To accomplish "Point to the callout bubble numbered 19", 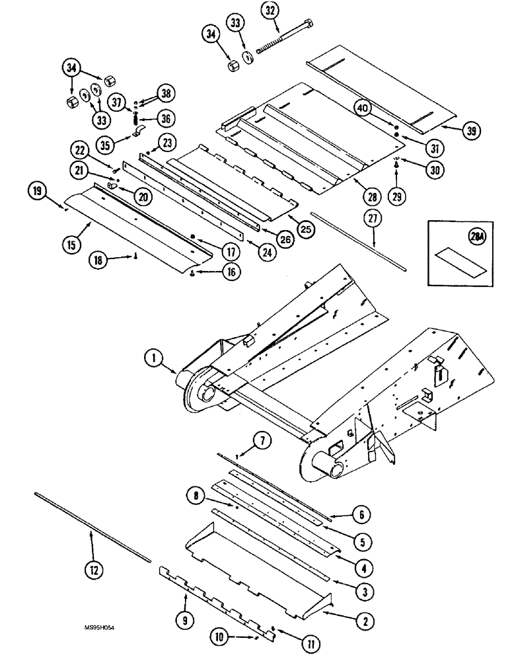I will pos(38,192).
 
